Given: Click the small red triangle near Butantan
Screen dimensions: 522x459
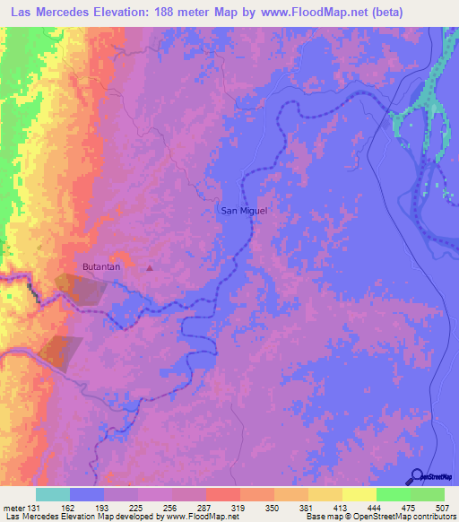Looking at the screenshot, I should (150, 267).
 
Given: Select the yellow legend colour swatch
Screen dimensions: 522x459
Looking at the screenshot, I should (359, 494).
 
